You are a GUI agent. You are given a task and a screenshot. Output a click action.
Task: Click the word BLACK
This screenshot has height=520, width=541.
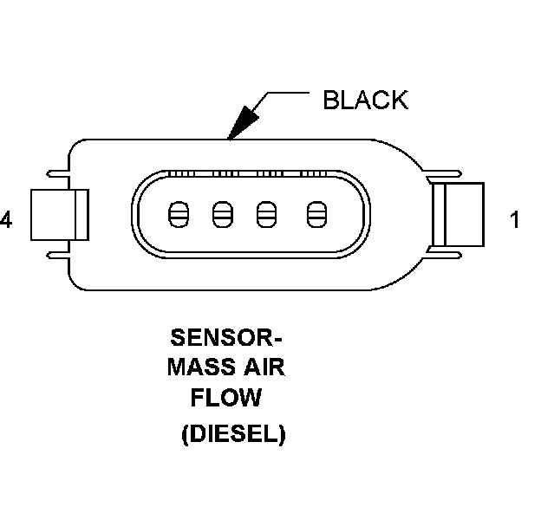point(364,100)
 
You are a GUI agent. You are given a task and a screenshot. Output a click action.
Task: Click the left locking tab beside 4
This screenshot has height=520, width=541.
point(59,214)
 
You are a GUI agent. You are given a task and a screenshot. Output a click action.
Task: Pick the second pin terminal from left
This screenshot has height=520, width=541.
point(221,213)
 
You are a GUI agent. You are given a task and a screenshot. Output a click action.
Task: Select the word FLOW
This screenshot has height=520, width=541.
point(226,399)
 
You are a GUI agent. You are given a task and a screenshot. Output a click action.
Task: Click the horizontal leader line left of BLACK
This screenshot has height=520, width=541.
point(290,92)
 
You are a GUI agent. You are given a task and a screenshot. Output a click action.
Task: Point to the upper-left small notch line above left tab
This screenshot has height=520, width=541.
point(58,171)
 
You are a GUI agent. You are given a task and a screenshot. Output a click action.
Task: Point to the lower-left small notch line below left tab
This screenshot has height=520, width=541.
point(58,256)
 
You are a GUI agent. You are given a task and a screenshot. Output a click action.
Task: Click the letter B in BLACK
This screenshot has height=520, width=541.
point(330,100)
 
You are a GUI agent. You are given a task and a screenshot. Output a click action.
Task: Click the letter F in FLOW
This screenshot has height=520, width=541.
point(198,399)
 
